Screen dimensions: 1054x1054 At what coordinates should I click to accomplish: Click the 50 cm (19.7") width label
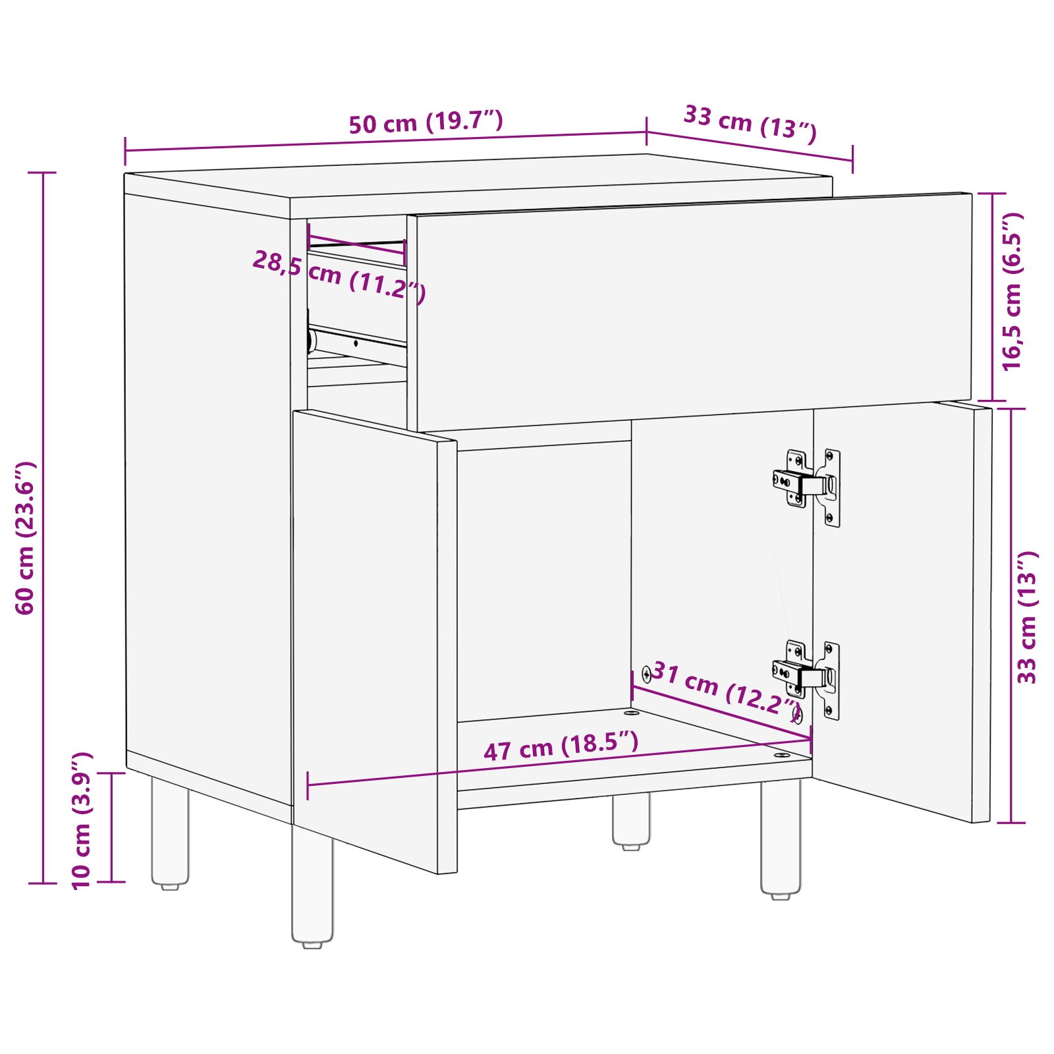pos(426,123)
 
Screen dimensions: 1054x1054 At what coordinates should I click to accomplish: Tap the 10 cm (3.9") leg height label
pos(81,820)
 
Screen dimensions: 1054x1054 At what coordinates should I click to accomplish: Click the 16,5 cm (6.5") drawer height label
pos(1012,291)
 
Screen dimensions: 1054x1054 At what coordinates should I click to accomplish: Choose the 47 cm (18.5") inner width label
pos(561,746)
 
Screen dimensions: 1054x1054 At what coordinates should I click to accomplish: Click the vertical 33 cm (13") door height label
pos(1027,617)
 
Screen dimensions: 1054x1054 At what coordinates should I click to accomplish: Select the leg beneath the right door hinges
pos(781,837)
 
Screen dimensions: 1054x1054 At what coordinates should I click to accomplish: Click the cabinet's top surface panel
pos(474,176)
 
